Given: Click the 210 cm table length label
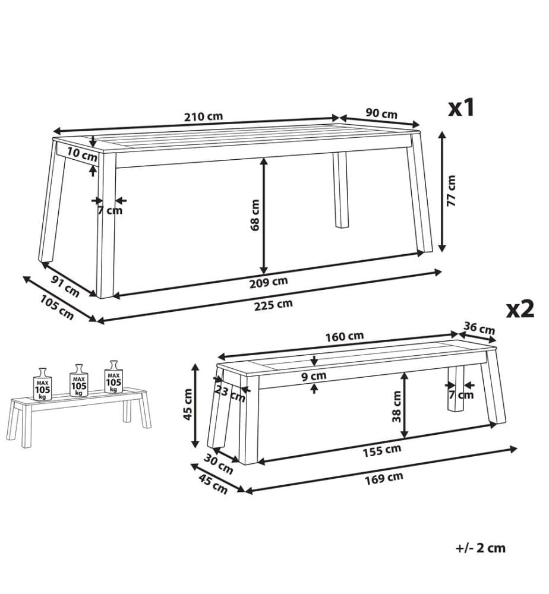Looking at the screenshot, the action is coord(203,116).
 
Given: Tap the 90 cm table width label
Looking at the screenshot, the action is coord(381,113).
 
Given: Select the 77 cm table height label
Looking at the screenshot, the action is coord(451,191).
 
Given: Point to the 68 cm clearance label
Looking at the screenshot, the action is coord(255,215).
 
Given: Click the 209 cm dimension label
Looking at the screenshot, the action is coord(268,282).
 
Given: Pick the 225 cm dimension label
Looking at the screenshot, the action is coord(273,304).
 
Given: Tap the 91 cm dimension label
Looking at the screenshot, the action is coord(65,286).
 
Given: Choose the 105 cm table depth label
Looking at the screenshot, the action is coord(57,307).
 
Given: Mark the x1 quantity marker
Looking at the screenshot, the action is coord(461,108).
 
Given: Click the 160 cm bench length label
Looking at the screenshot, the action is coord(345,336).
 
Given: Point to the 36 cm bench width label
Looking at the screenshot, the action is coord(479,328).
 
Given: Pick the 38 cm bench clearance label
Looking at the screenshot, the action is coord(396,406).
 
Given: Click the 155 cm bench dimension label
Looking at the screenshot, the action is coord(382,450).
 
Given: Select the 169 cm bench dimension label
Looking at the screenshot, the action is coord(384,478).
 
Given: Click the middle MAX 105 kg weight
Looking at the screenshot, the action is coord(79,381).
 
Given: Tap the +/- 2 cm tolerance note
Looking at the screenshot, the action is coord(481,548).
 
